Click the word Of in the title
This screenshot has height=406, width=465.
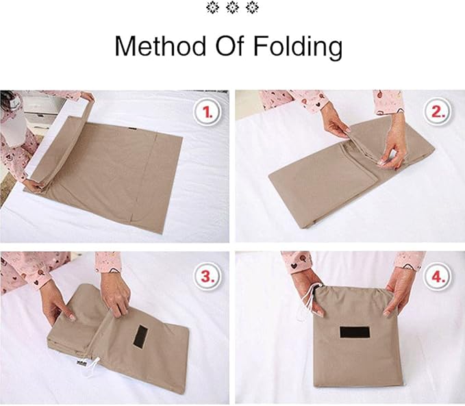coord(229,47)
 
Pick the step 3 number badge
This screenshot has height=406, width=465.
coord(207,277)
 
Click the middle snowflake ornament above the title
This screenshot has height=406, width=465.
coord(232,8)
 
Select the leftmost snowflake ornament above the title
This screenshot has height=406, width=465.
coord(213,8)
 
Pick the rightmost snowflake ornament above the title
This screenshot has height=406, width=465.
coord(252,8)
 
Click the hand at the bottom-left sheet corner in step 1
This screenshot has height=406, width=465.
coord(30,185)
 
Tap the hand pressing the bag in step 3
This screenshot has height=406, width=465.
coord(116,292)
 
